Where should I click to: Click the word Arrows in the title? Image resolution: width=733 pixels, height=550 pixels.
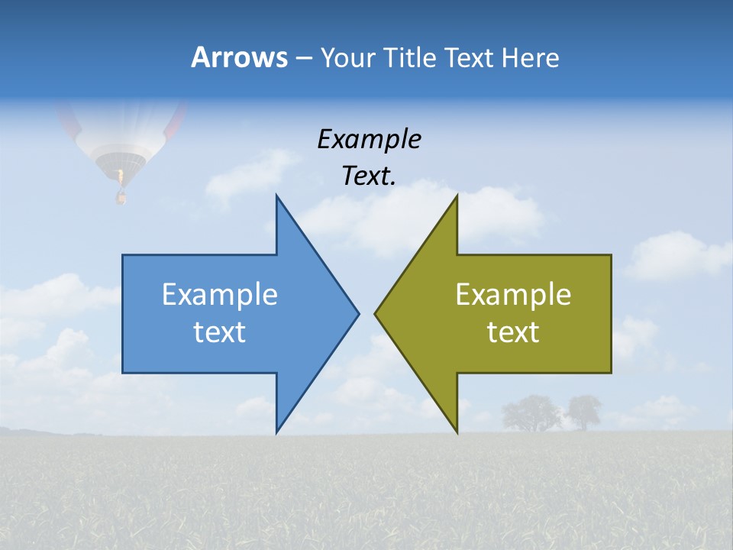point(239,57)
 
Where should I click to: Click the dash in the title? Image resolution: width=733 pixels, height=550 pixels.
point(303,58)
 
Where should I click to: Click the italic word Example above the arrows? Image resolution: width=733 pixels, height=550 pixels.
point(369,140)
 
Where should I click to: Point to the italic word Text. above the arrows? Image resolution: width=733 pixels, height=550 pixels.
point(369,176)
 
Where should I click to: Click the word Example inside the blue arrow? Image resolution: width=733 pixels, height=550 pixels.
point(219,295)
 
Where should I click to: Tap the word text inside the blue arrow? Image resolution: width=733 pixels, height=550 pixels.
point(219,332)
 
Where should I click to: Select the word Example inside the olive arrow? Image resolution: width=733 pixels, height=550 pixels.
point(513,295)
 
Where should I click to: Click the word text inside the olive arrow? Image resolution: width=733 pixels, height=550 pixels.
point(513,332)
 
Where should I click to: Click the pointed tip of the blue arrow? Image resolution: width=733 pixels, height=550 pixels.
point(357,313)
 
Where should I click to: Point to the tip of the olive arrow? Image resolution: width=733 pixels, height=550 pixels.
point(376,313)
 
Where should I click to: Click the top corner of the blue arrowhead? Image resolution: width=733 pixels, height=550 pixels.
point(276,196)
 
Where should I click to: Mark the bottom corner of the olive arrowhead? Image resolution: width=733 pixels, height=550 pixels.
point(457,432)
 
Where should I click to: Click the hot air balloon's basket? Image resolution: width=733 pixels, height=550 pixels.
point(120,197)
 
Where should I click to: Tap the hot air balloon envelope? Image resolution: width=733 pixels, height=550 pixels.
point(122,137)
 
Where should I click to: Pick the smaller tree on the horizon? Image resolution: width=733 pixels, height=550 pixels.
point(584,412)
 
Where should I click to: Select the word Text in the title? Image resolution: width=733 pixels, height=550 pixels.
point(468,57)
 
